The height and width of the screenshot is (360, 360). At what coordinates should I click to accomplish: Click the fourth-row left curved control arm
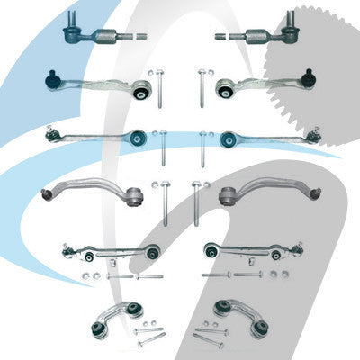click(x=90, y=189)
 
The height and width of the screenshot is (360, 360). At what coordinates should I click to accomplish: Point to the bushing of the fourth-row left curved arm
click(x=136, y=194)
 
